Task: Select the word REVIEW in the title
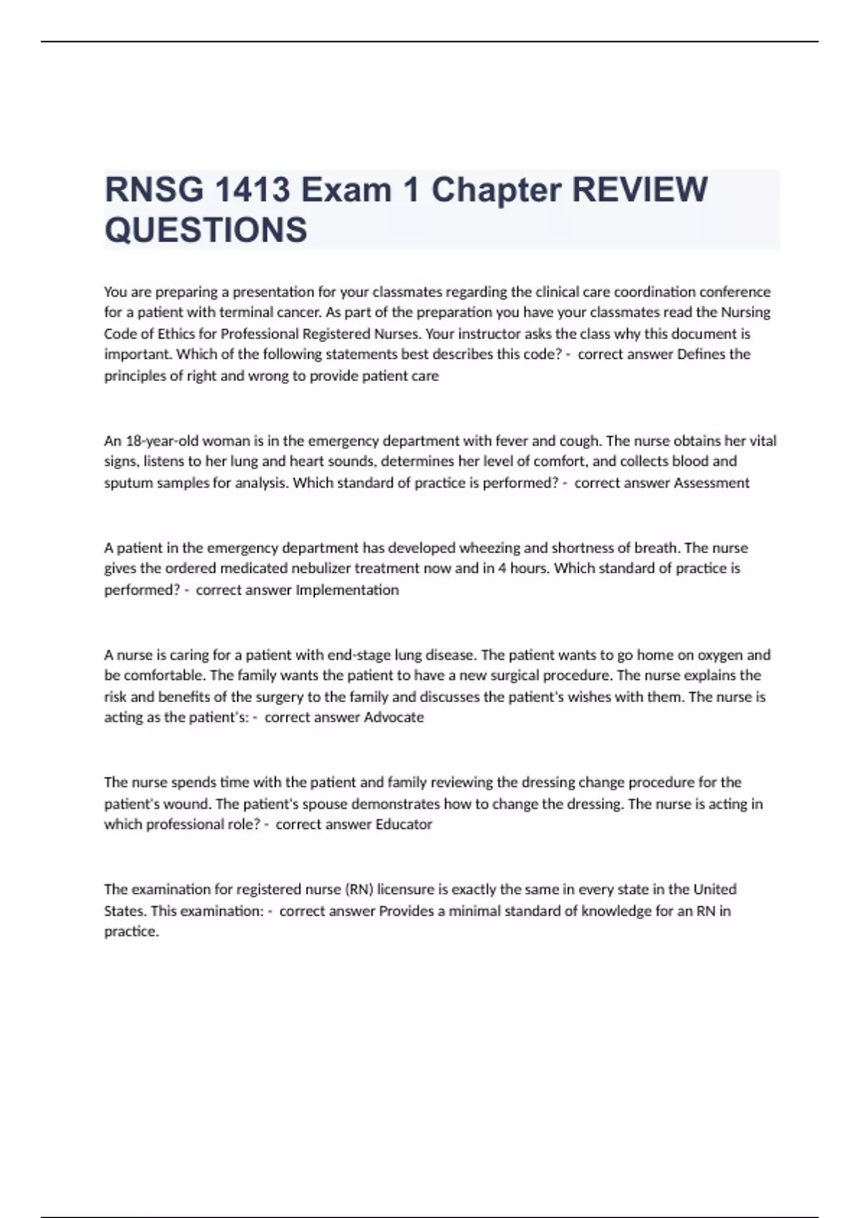pos(639,190)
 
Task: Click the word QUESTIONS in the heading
pos(206,230)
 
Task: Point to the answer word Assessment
pos(712,482)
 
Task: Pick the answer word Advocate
pos(393,717)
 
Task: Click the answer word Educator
pos(403,824)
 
